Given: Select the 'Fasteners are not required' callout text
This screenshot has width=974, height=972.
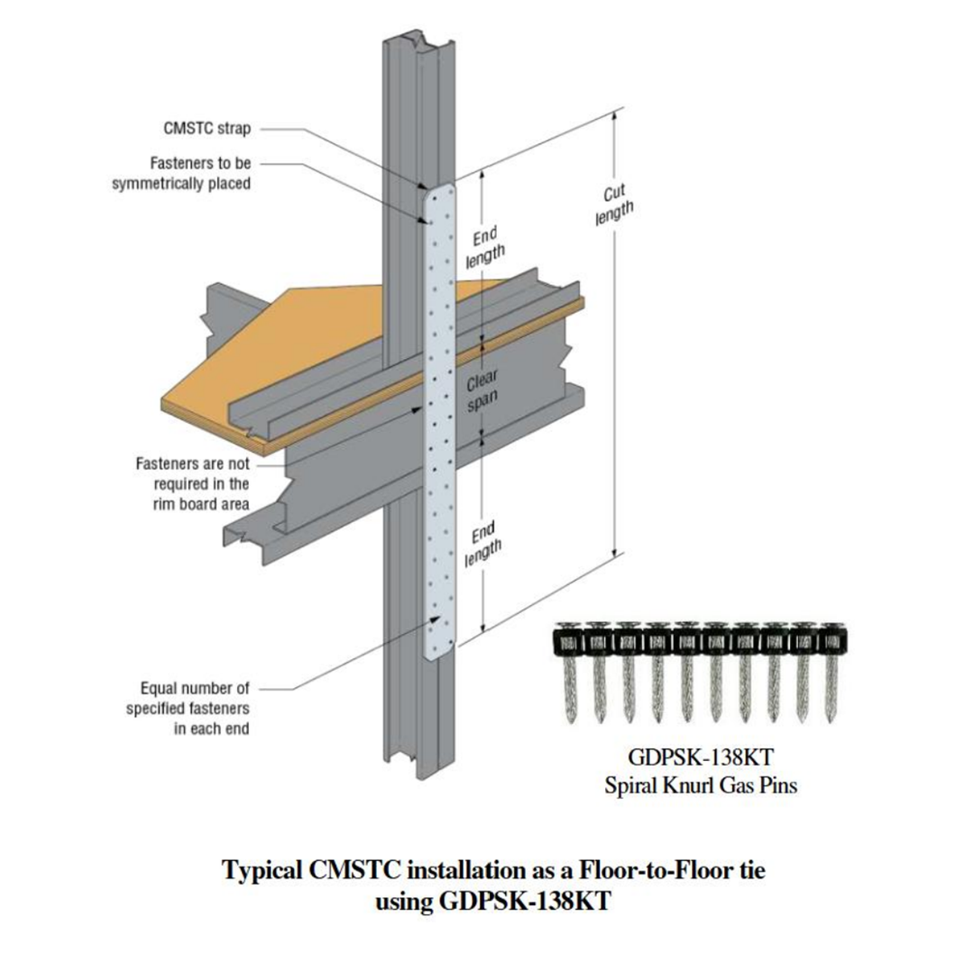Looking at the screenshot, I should (192, 483).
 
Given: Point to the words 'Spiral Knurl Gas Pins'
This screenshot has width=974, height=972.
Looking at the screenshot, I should (701, 785).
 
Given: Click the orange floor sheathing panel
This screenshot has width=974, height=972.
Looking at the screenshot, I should (298, 361).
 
